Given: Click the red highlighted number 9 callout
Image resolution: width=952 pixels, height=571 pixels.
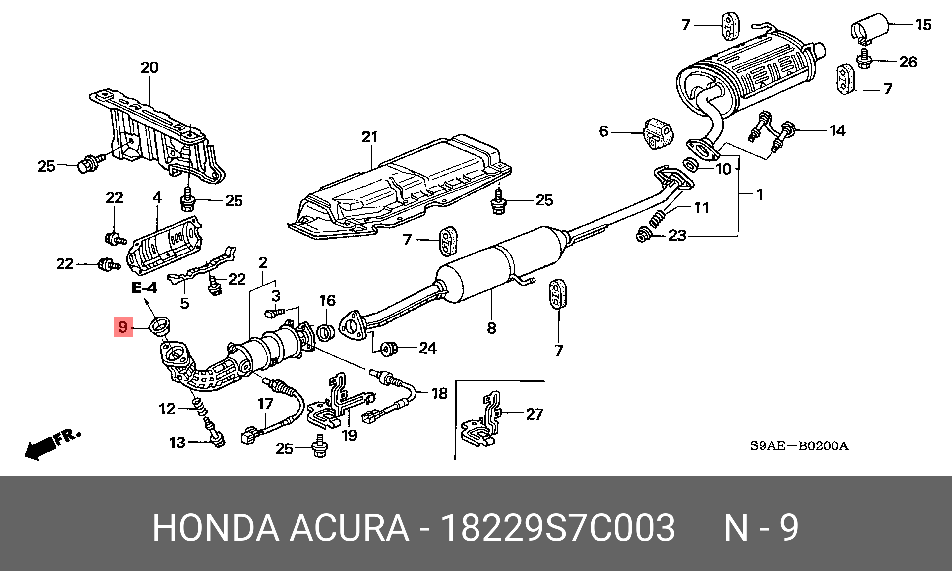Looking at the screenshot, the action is point(123,327).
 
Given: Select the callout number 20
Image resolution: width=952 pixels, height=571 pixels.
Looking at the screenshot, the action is point(149,67).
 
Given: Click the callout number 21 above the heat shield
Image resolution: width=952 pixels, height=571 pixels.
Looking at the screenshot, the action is point(369,137).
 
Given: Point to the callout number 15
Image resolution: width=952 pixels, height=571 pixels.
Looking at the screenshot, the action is point(923,24).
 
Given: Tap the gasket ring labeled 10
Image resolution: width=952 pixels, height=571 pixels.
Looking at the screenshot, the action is point(690,164).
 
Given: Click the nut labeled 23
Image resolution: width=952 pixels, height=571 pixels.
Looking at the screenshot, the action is point(643,235).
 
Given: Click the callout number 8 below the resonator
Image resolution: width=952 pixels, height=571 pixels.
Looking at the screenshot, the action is point(491,328).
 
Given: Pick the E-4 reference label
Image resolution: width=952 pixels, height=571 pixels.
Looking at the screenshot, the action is point(144,287).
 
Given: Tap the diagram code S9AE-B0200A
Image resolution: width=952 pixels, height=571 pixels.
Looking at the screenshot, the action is point(799,446).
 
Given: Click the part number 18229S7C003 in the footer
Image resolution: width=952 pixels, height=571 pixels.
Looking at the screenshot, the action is point(558,528).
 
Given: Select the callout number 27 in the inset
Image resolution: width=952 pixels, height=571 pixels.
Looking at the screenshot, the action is point(534,414).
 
